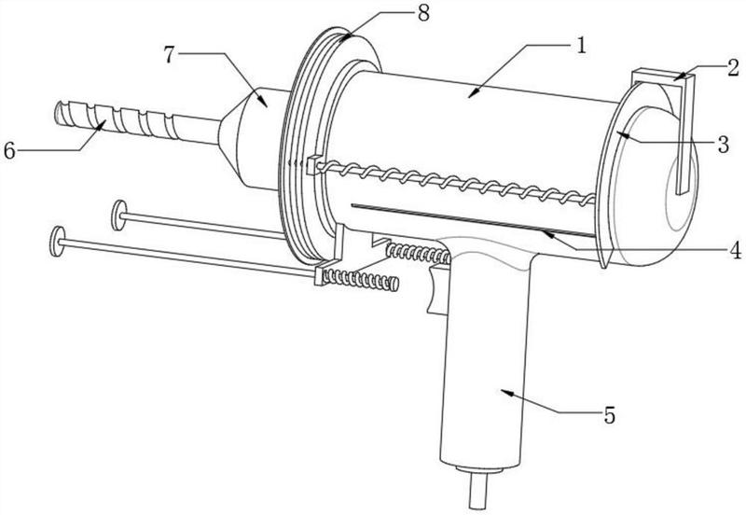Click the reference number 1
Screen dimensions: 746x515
tap(580, 46)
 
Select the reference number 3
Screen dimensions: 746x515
tap(724, 144)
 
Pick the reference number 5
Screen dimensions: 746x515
tap(610, 415)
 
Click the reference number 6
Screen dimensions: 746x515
tap(9, 151)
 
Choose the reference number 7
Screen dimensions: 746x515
tap(170, 54)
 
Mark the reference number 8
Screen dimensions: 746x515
tap(423, 13)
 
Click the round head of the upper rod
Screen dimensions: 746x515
tap(118, 216)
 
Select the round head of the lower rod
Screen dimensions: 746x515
tap(57, 242)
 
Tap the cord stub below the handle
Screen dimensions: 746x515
tap(479, 489)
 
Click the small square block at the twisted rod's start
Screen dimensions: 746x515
tap(312, 165)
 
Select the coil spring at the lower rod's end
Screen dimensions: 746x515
tap(361, 279)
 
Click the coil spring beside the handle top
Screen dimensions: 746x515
tap(418, 252)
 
